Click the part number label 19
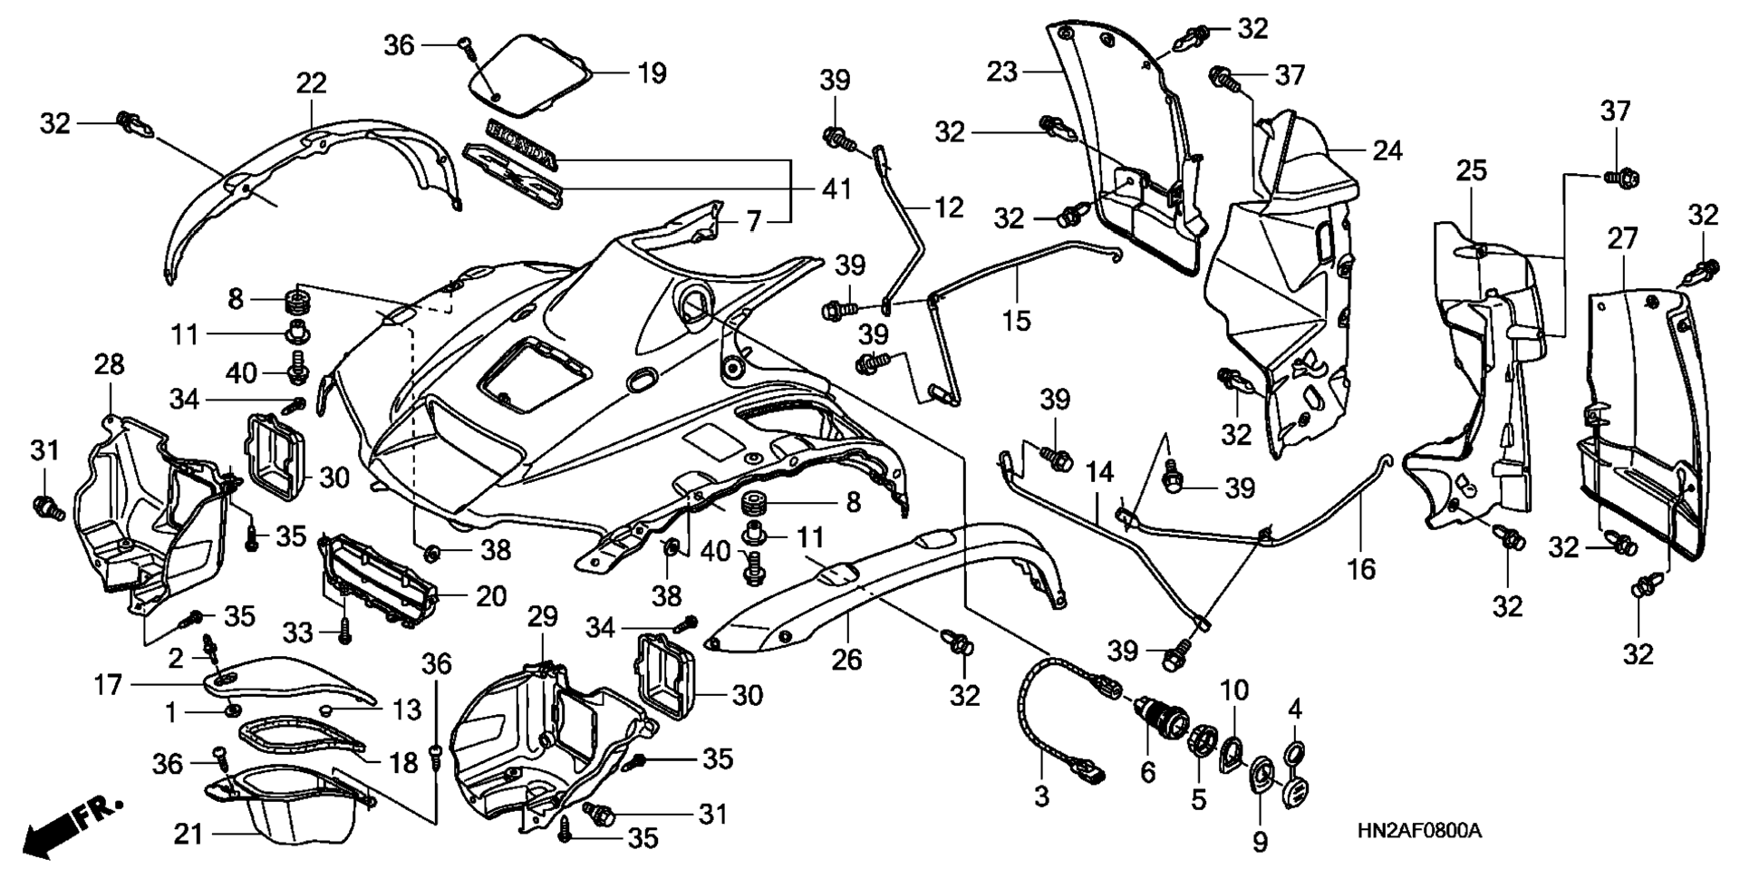point(652,72)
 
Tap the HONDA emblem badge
point(521,144)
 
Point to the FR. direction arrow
point(72,825)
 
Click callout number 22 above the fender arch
point(311,83)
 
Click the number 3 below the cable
point(1041,797)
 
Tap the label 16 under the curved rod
point(1361,569)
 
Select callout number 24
point(1387,150)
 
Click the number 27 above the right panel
point(1623,238)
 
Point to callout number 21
point(188,834)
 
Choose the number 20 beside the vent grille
point(491,596)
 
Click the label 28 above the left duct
point(109,364)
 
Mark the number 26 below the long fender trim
point(847,659)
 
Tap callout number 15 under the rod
point(1016,320)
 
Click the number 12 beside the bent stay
point(948,208)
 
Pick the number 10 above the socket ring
point(1233,690)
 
